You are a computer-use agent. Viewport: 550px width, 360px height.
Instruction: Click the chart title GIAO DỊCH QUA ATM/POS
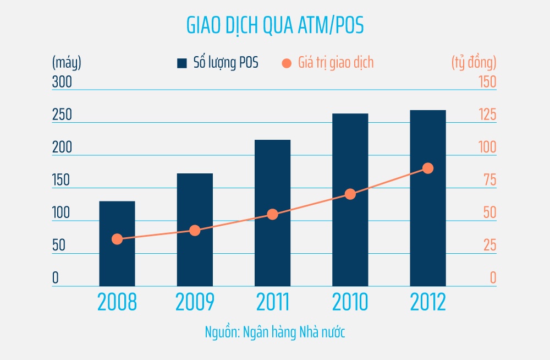[274, 26]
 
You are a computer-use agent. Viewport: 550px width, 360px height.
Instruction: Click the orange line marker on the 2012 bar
[428, 168]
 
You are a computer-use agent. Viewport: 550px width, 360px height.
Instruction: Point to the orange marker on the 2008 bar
[117, 239]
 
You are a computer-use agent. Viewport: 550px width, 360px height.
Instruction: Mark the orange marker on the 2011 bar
[272, 214]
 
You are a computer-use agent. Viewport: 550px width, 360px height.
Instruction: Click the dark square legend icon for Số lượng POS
[182, 63]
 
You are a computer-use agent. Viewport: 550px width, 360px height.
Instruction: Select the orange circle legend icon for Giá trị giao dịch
[286, 63]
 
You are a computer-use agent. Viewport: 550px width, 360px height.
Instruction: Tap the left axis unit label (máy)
[67, 63]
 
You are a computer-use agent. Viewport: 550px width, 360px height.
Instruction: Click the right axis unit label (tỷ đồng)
[474, 63]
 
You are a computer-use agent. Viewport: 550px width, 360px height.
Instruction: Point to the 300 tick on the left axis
[62, 82]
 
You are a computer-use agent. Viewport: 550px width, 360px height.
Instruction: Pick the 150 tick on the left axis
[61, 180]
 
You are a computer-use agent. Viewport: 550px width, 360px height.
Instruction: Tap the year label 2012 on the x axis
[428, 302]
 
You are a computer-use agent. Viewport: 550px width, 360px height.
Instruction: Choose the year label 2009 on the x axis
[194, 302]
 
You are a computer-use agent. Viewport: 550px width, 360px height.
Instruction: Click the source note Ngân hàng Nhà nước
[274, 332]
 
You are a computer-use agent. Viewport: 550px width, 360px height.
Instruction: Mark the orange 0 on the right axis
[493, 278]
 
